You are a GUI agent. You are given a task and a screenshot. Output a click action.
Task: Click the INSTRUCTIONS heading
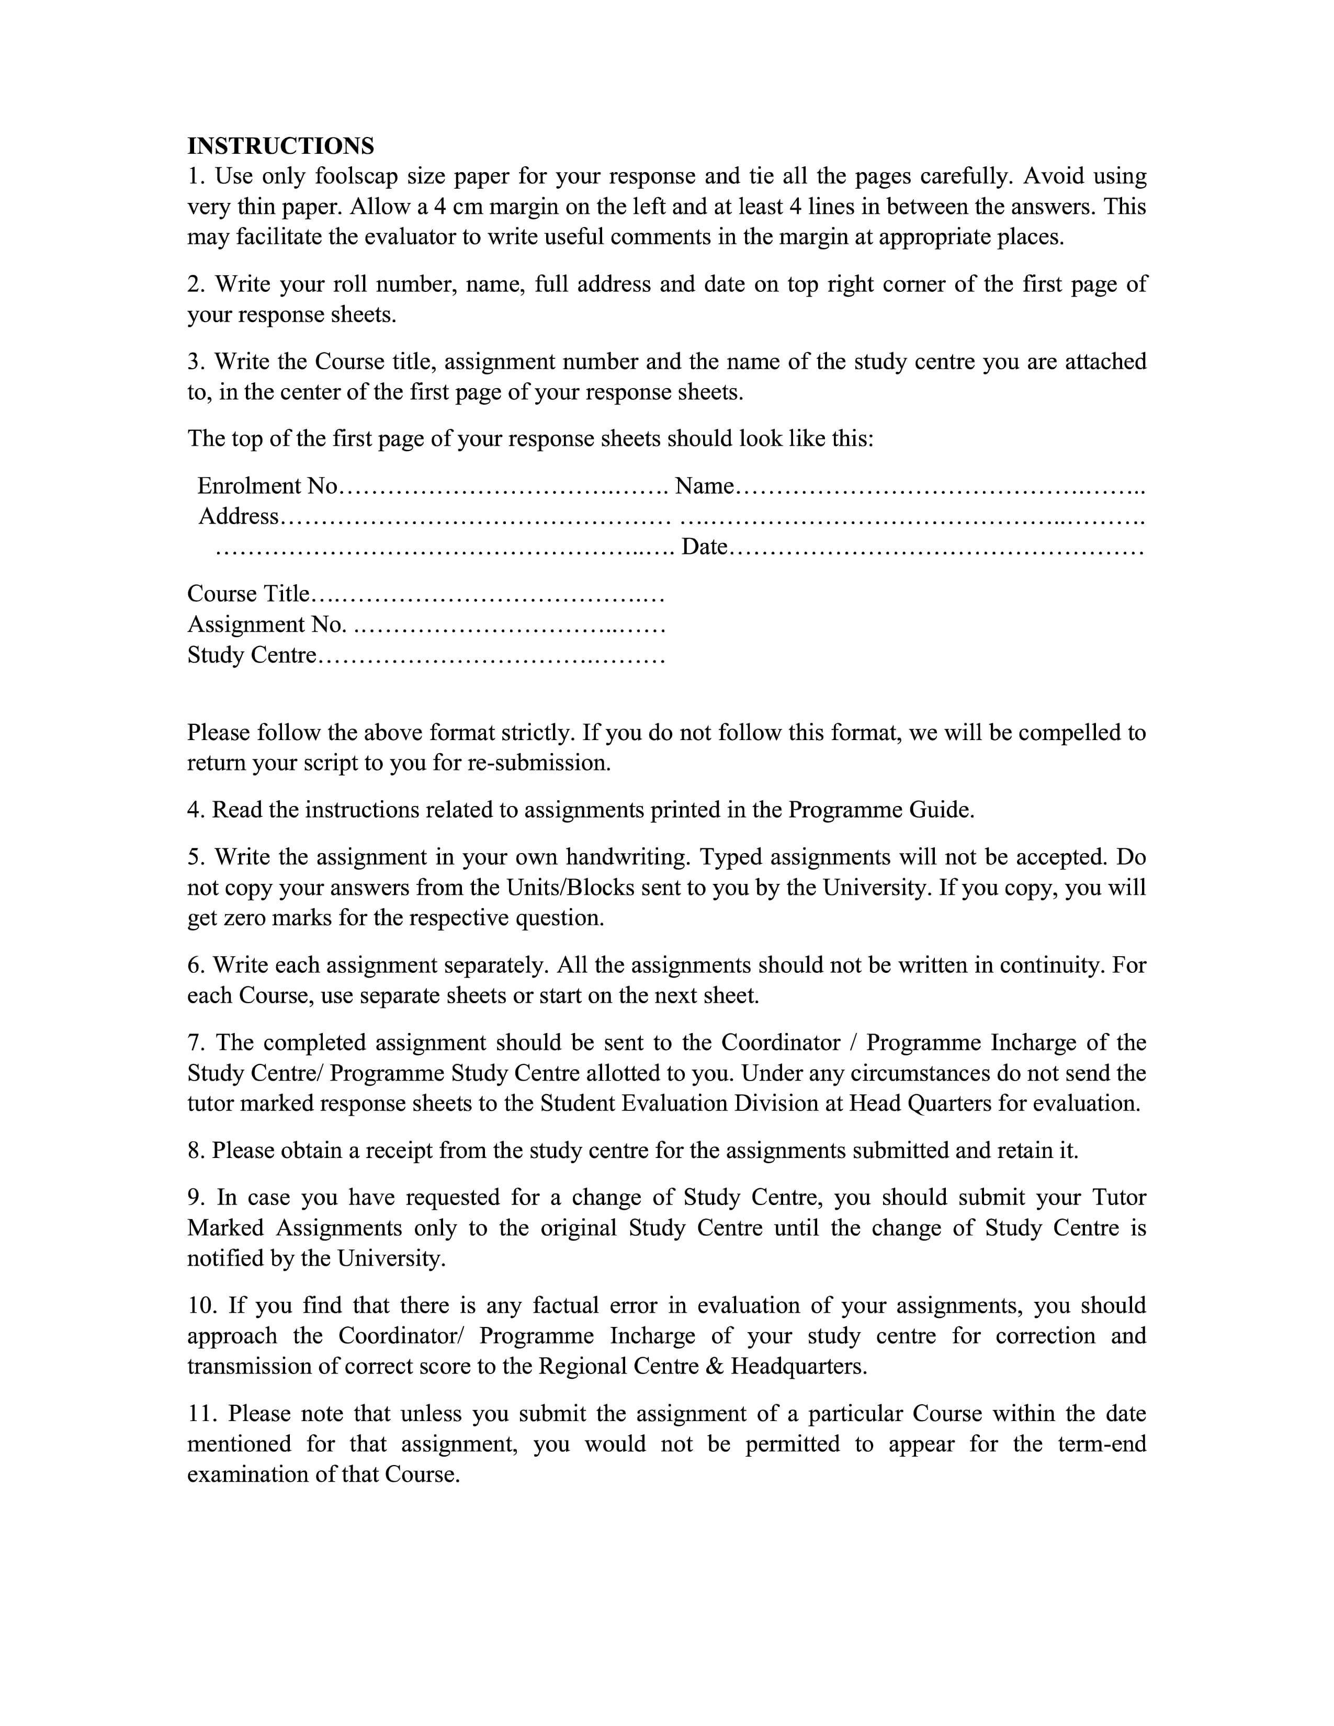280,146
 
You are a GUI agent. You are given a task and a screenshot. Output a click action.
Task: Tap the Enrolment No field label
267,485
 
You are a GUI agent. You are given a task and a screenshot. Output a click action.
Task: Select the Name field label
704,485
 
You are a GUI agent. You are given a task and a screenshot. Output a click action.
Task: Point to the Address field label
239,516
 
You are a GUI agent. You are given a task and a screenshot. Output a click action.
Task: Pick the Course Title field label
248,594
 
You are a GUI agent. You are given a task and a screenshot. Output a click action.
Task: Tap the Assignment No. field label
266,624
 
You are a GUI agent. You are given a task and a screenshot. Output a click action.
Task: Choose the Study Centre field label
251,655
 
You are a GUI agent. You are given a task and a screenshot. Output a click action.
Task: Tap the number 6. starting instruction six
197,965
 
